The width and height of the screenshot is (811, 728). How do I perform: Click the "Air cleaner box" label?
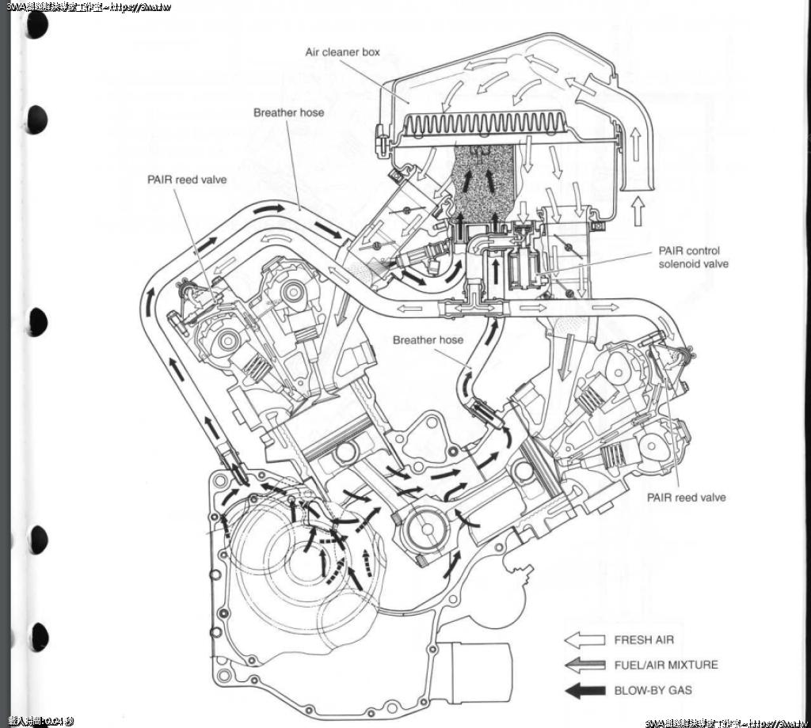click(342, 52)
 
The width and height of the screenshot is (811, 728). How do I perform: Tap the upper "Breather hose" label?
click(288, 112)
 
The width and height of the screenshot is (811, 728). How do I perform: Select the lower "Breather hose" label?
click(428, 340)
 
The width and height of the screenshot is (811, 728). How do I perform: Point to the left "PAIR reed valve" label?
click(187, 180)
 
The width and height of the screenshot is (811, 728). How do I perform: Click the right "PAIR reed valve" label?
click(686, 498)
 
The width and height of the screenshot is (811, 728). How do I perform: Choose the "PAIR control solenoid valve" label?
click(694, 257)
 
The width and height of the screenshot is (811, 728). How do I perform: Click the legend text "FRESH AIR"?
click(644, 640)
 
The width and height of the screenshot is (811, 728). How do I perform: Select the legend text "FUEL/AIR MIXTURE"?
click(666, 665)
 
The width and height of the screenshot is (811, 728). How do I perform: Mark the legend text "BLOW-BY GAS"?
click(653, 690)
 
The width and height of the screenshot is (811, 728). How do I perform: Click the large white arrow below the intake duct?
click(641, 213)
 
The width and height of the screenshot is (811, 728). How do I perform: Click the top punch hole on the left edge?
click(36, 25)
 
